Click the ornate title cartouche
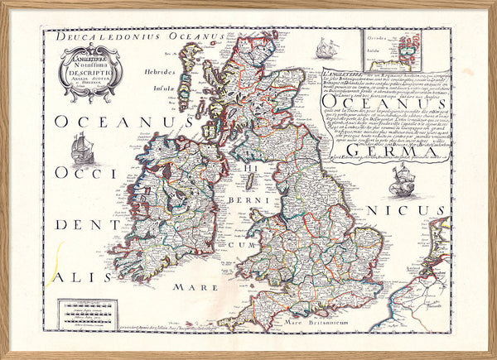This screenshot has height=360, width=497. pyautogui.click(x=91, y=73)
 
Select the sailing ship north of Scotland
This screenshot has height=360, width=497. pyautogui.click(x=328, y=48)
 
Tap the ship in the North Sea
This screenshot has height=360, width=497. pyautogui.click(x=401, y=178)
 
